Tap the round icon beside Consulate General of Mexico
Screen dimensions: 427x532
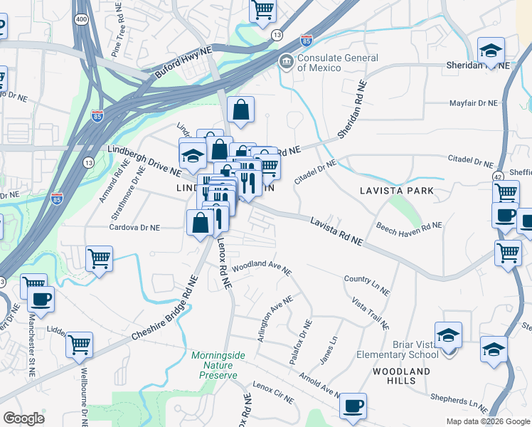coord(286,62)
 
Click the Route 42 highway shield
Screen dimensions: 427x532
coord(498,175)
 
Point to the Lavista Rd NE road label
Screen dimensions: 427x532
coord(336,232)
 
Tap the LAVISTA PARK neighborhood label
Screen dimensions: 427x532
coord(396,191)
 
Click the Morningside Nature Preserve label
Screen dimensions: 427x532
coord(218,364)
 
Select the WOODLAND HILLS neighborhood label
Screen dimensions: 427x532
coord(403,376)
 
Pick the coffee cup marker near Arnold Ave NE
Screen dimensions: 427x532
coord(353,406)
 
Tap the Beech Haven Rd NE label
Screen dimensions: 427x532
coord(409,226)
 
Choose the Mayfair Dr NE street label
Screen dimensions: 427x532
coord(474,104)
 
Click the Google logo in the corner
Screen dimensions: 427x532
coord(23,418)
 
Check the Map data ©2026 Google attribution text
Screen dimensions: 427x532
coord(487,421)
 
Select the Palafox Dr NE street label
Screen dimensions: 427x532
coord(301,342)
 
